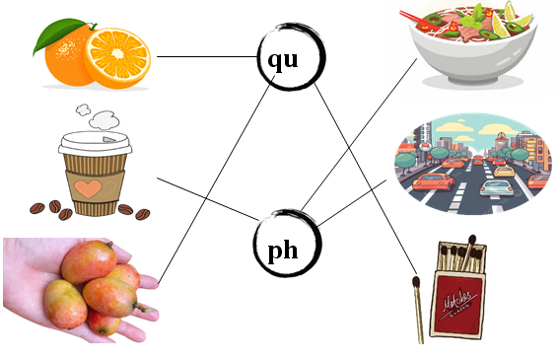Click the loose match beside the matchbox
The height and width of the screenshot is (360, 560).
click(418, 308)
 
